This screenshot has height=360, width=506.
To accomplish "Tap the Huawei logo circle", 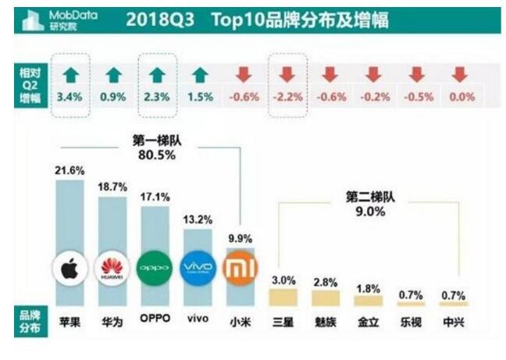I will point(114,269).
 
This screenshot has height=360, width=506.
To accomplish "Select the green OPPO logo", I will point(153,269).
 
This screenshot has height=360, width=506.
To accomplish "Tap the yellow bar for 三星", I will point(283,298).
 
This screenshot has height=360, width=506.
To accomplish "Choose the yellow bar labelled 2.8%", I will point(326,298).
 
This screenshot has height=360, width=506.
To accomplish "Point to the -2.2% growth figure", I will point(287,98).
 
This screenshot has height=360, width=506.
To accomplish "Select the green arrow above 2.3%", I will point(157,75).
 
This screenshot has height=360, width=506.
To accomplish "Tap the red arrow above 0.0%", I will point(461,75).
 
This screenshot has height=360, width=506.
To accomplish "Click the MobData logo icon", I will point(34,21).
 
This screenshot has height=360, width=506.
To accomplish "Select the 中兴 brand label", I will point(452,322).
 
